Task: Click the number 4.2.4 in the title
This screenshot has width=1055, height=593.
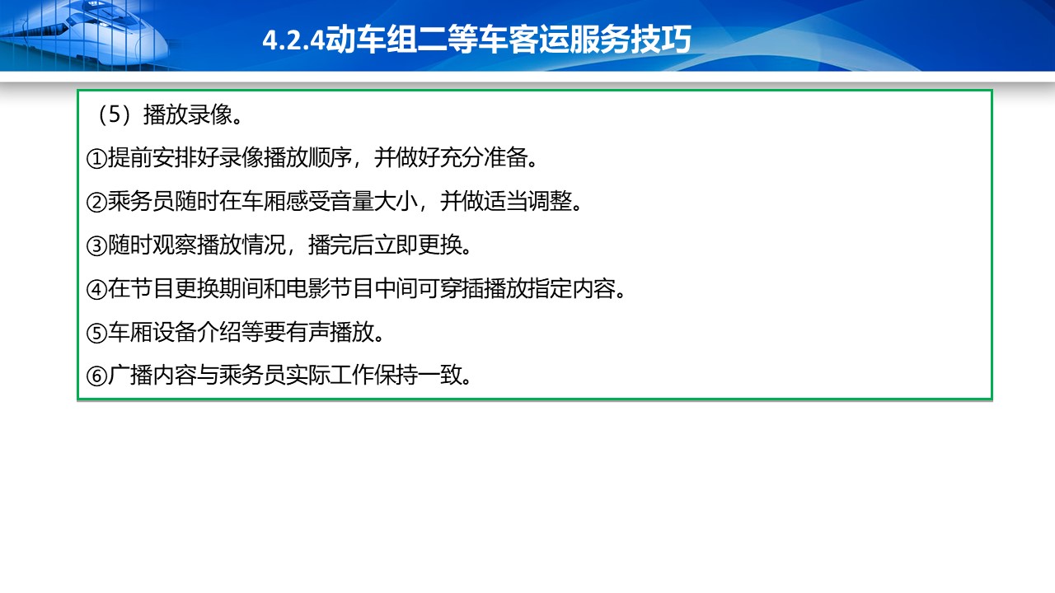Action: (293, 40)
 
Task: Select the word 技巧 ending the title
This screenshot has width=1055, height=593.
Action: (661, 39)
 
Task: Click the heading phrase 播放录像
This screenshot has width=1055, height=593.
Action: (187, 114)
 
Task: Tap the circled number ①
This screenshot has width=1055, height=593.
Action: (96, 159)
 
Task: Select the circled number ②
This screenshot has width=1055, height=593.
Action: (96, 203)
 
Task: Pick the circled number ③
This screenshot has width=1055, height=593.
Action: (96, 246)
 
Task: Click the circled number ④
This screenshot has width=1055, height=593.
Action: (96, 289)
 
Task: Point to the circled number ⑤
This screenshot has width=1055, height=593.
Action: (96, 334)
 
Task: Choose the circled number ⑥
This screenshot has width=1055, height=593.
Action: (96, 376)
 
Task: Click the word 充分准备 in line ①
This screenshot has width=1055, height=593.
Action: (484, 157)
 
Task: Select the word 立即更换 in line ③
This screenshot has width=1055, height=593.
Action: (418, 245)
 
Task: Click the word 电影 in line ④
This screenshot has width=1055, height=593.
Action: (307, 288)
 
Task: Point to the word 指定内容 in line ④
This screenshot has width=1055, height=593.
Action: (572, 288)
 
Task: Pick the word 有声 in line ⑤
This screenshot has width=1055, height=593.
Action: (307, 332)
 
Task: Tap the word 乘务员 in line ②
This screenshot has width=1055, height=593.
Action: (141, 201)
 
